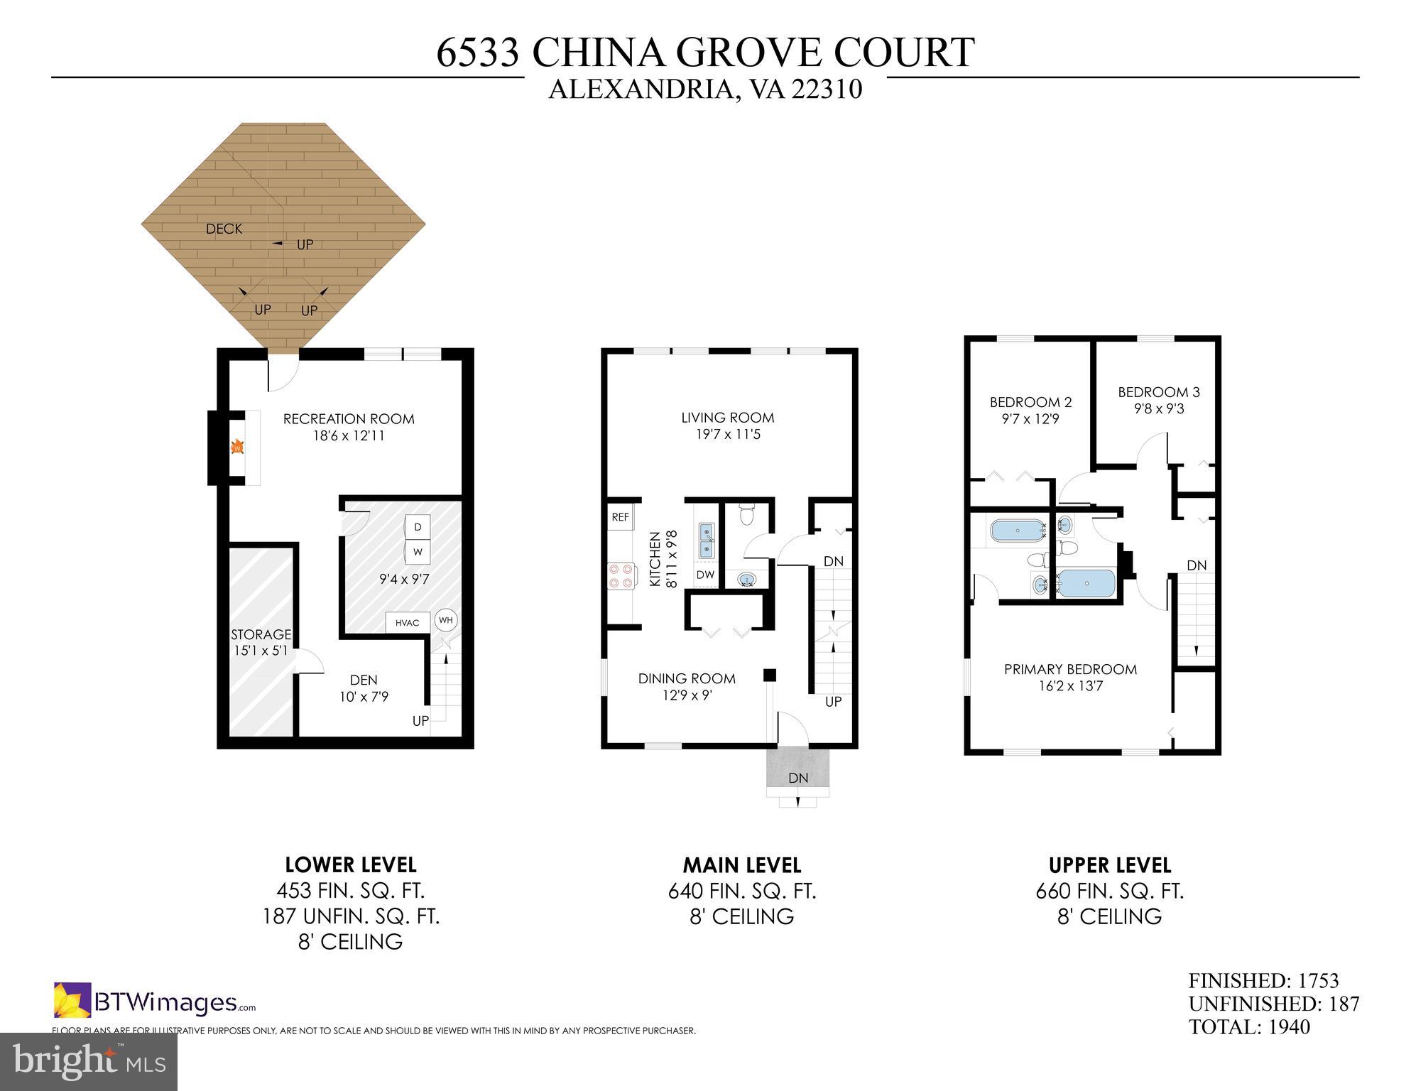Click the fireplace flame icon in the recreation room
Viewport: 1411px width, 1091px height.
click(x=238, y=447)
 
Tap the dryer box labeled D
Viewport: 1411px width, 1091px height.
click(x=418, y=526)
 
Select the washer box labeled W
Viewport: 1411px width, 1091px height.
click(x=418, y=551)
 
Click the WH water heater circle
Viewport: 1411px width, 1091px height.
click(x=445, y=620)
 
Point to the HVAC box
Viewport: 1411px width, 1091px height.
click(x=407, y=623)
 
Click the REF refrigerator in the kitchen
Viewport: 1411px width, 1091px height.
click(x=620, y=517)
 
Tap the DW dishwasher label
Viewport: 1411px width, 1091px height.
click(x=704, y=575)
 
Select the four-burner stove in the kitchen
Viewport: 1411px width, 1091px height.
click(x=621, y=575)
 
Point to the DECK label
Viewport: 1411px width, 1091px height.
click(x=224, y=229)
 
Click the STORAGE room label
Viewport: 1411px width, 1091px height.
click(x=261, y=634)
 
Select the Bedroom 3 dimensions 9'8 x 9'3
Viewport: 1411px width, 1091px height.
click(x=1158, y=409)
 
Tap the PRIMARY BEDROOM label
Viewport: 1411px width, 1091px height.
click(x=1070, y=669)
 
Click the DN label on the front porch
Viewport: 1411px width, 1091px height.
click(x=798, y=778)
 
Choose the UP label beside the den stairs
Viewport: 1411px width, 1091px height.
click(x=420, y=721)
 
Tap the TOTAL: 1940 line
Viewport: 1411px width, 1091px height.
click(x=1249, y=1027)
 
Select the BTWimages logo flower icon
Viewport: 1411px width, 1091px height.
click(x=72, y=1000)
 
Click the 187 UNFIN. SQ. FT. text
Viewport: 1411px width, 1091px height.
click(x=351, y=916)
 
